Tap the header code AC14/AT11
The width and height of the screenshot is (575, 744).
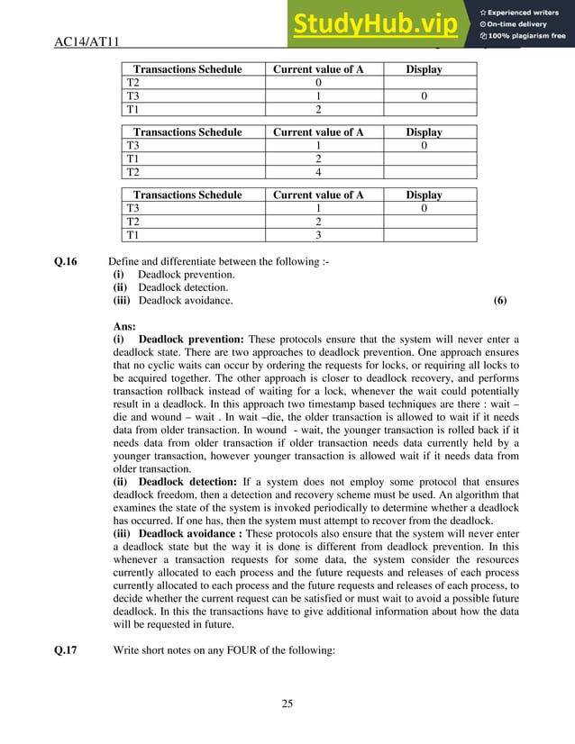(x=88, y=41)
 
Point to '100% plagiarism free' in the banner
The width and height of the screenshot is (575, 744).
(x=527, y=36)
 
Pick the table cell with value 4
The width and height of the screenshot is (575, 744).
(x=318, y=171)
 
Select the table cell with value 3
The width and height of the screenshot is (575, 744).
(x=318, y=235)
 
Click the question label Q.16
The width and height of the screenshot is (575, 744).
(x=67, y=262)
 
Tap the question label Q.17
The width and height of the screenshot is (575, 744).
(x=67, y=668)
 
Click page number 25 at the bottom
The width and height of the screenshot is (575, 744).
(x=287, y=704)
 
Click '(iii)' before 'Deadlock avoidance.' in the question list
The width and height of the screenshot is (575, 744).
(x=123, y=300)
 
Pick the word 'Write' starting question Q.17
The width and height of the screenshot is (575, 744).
(x=127, y=668)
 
